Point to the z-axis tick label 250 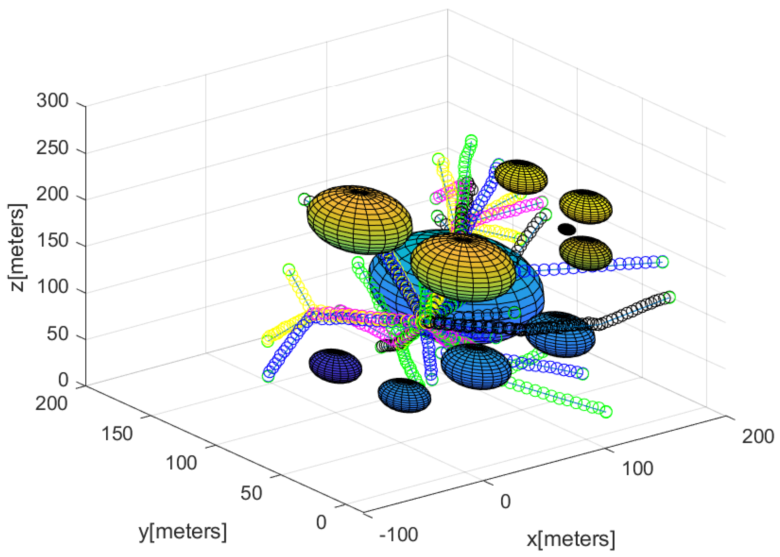tap(52, 148)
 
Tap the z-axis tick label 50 tap(58, 333)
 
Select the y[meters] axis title tap(183, 531)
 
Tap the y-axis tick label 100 tap(181, 463)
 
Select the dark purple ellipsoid tap(335, 366)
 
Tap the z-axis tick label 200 tap(52, 194)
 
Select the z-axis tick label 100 tap(52, 287)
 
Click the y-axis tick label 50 tap(251, 493)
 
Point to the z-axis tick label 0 tap(63, 380)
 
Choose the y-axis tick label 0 tap(321, 522)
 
